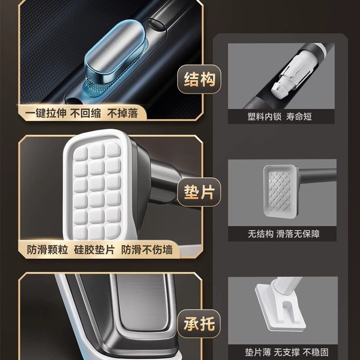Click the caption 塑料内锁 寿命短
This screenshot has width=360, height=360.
point(279,117)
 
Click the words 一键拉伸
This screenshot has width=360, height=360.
point(43,112)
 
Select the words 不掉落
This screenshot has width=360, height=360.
point(122,112)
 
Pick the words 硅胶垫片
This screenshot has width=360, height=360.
point(94,249)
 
